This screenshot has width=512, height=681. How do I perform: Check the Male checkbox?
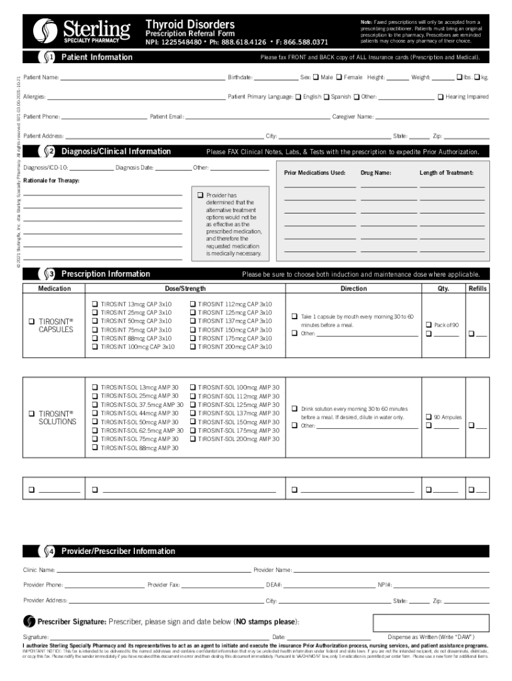point(316,78)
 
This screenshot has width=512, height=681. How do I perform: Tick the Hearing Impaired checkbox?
point(440,97)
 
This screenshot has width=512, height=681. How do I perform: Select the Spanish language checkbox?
point(326,97)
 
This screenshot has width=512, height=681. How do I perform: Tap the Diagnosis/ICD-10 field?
point(90,168)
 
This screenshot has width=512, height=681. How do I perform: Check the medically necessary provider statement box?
point(199,196)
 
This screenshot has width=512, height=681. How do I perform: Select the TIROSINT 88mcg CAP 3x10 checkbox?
point(95,339)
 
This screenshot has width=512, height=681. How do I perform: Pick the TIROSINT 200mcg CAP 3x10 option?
point(193,347)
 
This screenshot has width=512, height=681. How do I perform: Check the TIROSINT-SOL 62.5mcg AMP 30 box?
point(95,431)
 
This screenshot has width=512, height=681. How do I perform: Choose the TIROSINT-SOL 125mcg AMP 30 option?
point(193,405)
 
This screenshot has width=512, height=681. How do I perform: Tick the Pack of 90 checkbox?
point(428,325)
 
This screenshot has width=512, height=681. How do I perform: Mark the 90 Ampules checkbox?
point(428,418)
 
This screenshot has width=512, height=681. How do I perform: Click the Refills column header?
point(477,289)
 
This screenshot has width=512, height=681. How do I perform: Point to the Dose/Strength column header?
point(186,289)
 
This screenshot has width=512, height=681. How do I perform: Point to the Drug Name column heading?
point(376,173)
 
